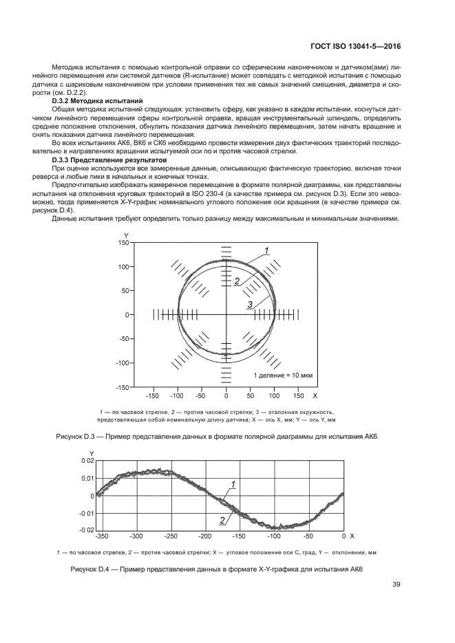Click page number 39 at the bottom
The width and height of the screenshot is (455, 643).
(x=396, y=585)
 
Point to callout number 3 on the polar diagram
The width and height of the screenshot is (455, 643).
(x=251, y=304)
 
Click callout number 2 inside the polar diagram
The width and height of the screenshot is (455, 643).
(x=236, y=281)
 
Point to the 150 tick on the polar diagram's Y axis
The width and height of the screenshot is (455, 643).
(x=125, y=243)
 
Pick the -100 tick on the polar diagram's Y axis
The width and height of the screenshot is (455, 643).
(x=123, y=363)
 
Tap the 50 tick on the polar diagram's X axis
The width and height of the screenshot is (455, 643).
(x=251, y=397)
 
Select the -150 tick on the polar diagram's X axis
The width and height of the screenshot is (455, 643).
(x=153, y=397)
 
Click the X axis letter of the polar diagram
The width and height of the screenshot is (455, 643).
(x=315, y=397)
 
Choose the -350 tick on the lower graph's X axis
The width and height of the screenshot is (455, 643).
(x=103, y=535)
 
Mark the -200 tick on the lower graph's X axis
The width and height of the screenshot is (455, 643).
(x=204, y=535)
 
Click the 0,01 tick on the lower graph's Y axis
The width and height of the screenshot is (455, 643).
(x=86, y=478)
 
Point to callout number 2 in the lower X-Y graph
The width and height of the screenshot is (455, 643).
(x=222, y=521)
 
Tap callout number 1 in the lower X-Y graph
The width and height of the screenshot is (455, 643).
(x=233, y=484)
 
